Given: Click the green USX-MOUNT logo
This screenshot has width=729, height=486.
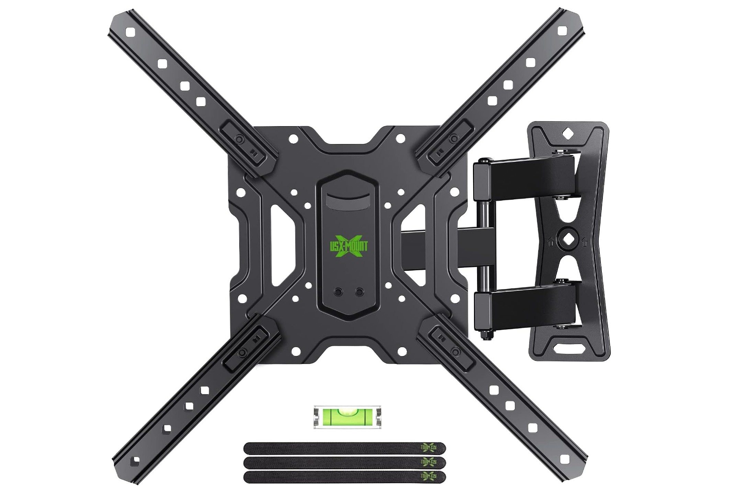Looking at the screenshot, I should (x=347, y=245).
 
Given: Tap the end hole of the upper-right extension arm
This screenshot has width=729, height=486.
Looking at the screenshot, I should (x=563, y=31).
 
